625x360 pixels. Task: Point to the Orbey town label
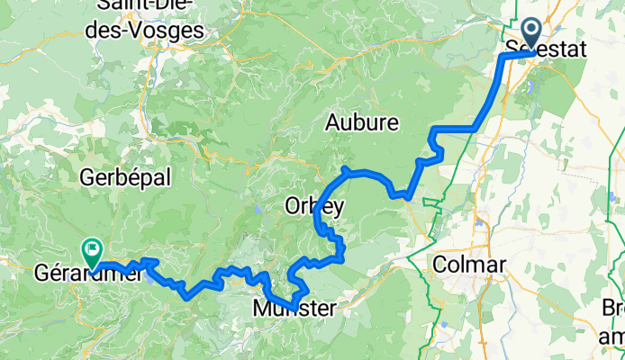(x=314, y=203)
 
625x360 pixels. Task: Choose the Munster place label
(x=294, y=309)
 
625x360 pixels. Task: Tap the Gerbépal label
(x=125, y=177)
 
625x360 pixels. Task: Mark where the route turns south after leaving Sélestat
(x=502, y=57)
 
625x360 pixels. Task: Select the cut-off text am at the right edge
(x=615, y=337)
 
